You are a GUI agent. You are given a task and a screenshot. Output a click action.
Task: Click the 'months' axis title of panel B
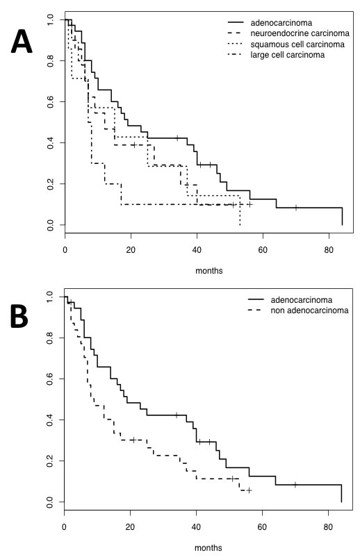pos(209,547)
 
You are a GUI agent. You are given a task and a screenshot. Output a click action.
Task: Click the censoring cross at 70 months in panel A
pos(296,208)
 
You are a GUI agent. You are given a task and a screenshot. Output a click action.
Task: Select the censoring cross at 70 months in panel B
pos(296,485)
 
